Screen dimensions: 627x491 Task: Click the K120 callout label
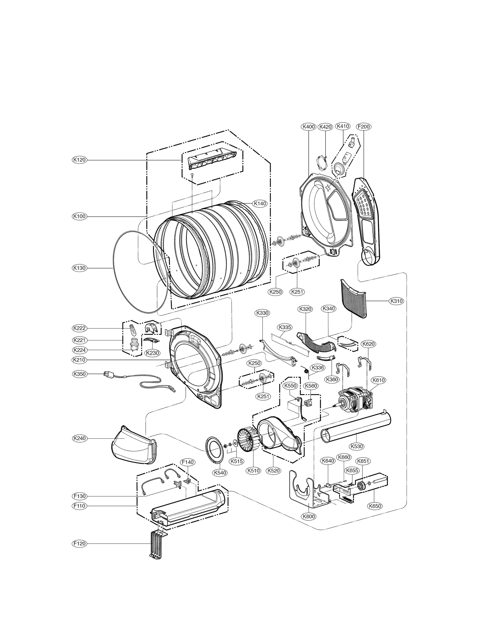point(79,160)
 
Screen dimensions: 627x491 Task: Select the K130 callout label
point(79,268)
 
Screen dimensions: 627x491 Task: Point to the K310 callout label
point(396,301)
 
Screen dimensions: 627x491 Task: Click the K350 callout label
point(79,374)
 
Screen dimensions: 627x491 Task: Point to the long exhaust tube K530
point(356,426)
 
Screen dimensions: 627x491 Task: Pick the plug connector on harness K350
point(107,374)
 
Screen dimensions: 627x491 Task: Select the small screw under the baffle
point(192,175)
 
